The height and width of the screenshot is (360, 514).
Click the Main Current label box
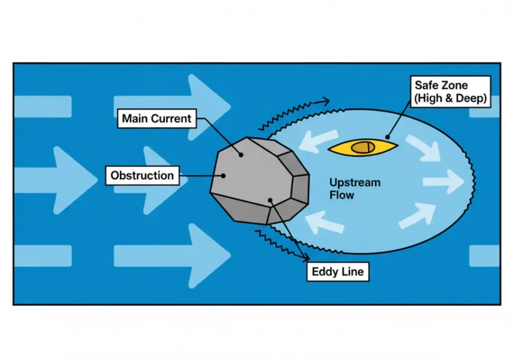[157, 119]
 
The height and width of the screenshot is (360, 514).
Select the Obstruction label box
[142, 176]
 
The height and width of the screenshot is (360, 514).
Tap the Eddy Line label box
[337, 272]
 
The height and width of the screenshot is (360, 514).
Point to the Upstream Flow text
[354, 188]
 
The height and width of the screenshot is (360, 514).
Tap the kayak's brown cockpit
[362, 147]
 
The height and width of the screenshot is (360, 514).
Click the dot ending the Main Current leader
[241, 155]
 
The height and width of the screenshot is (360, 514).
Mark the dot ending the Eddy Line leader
[271, 200]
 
